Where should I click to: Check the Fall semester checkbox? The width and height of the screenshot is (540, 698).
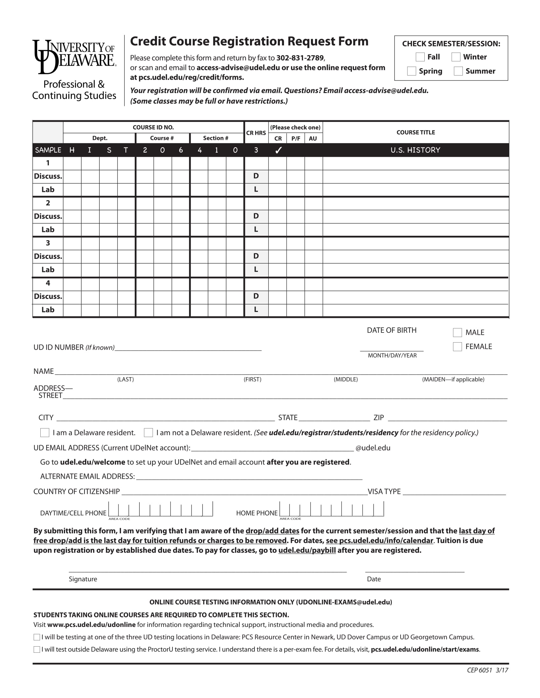pos(420,57)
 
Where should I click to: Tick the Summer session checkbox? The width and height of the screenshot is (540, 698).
pos(458,71)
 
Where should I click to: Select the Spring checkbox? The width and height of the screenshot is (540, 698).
pos(411,71)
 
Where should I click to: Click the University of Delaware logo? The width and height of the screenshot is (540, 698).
pos(74,56)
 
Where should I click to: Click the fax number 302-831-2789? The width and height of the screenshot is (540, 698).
pos(300,58)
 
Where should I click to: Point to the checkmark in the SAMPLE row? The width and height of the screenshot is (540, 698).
pos(278,150)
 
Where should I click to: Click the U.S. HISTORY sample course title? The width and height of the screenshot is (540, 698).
pos(415,150)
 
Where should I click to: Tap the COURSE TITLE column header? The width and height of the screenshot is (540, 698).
pos(415,132)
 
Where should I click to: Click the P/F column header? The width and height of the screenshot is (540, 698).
pos(296,138)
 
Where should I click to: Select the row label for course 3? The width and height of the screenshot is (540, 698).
pos(48,243)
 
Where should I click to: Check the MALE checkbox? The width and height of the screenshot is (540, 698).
pos(457,333)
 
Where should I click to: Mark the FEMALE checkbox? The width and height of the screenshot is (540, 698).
pos(457,346)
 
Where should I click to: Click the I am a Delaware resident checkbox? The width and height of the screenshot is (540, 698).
pos(44,432)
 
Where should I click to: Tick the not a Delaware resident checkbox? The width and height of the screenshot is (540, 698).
pos(148,432)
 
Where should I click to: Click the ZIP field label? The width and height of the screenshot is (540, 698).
pos(378,418)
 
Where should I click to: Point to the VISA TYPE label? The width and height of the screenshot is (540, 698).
pos(384,491)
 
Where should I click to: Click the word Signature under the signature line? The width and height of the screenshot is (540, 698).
pos(83,579)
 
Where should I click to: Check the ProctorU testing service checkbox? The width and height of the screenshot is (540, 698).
pos(37,649)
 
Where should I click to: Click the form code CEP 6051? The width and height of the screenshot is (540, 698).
pos(479,670)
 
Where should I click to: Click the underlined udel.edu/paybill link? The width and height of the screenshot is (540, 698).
pos(307,550)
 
